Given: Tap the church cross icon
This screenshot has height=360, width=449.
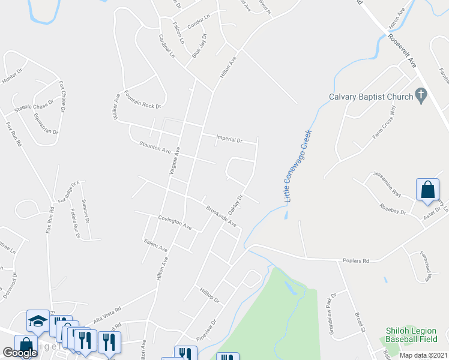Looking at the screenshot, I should coord(421,95).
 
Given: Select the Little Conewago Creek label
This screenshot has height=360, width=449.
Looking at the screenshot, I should coord(298,166).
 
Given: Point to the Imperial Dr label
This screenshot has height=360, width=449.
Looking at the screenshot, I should coord(229,140).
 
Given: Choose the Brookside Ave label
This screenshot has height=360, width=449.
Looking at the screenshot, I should coord(221,217).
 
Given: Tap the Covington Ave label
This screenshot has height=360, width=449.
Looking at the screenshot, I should coord(175,223).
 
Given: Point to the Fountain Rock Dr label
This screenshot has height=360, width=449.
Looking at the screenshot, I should coord(143,100).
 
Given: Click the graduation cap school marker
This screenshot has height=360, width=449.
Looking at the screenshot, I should coord(38,320).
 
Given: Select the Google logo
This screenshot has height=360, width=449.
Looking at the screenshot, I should coord(20,353).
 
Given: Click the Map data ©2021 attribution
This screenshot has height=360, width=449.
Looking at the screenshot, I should coord(423,355).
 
